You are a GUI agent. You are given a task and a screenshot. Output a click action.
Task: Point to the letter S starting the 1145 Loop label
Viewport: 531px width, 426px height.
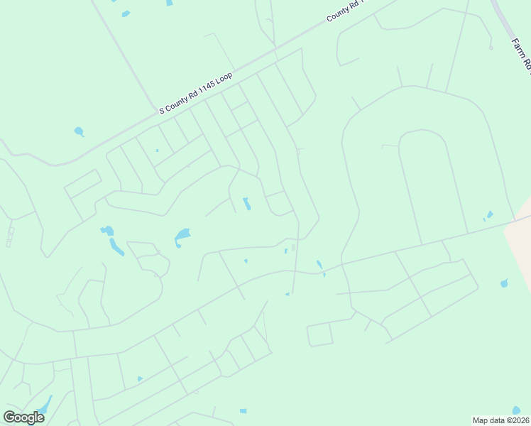(x=161, y=110)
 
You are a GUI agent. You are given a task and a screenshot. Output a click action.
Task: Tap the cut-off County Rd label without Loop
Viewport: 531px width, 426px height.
(x=345, y=10)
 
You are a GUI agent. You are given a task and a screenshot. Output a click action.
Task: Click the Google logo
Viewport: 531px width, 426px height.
(x=23, y=417)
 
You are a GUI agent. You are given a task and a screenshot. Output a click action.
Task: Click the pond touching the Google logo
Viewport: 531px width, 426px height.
(x=44, y=407)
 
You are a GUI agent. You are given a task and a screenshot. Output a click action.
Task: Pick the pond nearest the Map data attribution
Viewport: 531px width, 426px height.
(x=516, y=410)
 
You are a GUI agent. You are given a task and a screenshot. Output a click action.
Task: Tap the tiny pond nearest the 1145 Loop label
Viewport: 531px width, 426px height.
(x=157, y=151)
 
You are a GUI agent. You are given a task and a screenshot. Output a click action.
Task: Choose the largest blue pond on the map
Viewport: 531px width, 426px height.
(x=182, y=235)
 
